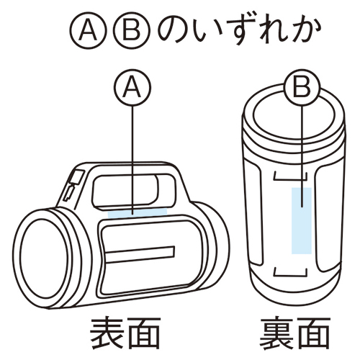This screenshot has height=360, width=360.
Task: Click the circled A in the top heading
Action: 88,32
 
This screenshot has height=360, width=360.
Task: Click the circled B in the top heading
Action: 132,32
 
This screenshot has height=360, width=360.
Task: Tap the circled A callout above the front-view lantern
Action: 132,87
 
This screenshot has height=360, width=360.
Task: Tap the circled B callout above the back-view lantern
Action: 302,87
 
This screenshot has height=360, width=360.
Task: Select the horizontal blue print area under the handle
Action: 138,213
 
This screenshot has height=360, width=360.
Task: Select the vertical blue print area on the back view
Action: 302,220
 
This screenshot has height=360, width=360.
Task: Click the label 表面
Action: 125,333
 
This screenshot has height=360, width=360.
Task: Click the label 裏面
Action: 295,333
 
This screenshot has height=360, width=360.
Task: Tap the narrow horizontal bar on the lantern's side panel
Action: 140,253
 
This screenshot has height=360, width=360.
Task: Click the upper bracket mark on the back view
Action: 290,179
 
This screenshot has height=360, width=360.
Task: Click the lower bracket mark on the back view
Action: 290,275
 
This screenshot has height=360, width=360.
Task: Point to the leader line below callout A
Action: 132,159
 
